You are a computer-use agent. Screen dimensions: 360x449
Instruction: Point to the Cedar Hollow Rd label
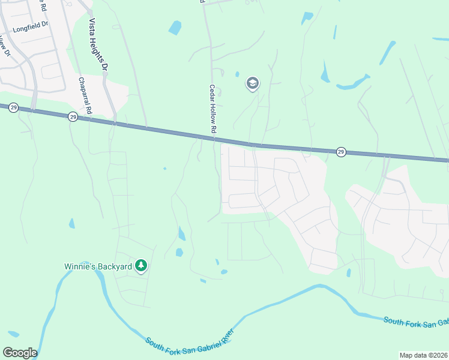(212, 108)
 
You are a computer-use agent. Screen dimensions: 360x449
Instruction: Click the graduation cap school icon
(253, 83)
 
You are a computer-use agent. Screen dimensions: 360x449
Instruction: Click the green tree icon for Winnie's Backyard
(141, 265)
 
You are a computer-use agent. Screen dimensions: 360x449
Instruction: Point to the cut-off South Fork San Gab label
(415, 322)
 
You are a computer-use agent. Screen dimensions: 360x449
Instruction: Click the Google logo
(20, 352)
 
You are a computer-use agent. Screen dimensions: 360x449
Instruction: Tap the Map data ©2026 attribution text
(423, 355)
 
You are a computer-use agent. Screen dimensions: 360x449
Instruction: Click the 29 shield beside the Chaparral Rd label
(73, 116)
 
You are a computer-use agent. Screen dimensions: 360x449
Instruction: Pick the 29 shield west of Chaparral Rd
(14, 107)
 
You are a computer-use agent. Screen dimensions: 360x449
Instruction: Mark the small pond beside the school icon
(237, 74)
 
